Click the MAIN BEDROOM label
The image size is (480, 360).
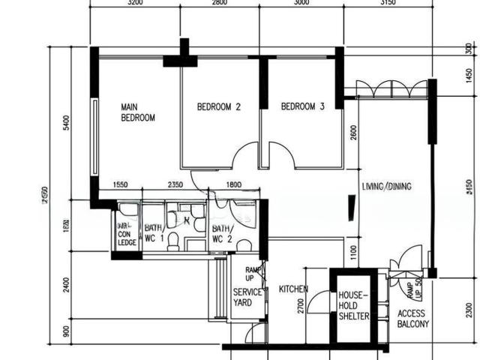[138, 112]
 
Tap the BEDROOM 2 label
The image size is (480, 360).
[218, 107]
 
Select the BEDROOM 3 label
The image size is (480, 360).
[302, 107]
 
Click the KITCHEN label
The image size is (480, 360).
[294, 289]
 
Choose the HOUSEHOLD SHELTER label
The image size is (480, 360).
[353, 306]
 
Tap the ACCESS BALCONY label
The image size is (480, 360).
[413, 319]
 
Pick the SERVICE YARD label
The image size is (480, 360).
[247, 297]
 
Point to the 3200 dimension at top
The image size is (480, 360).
[135, 3]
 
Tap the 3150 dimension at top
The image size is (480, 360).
[387, 3]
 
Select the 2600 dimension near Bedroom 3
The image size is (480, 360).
[352, 134]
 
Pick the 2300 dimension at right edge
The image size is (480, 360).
[469, 308]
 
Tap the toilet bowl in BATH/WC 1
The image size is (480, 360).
[172, 240]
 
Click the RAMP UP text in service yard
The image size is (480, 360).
[253, 273]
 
